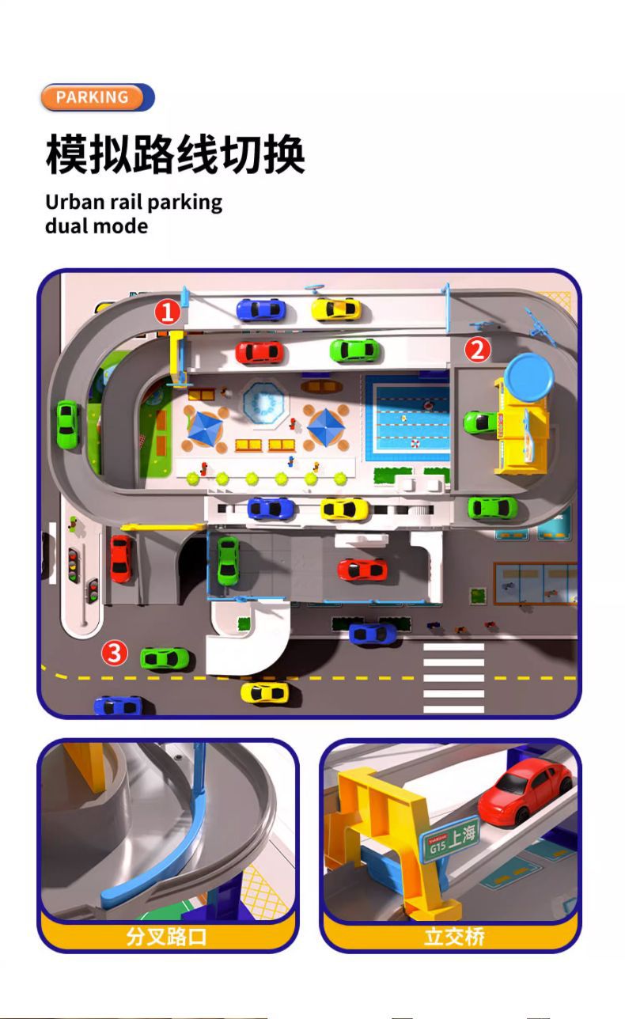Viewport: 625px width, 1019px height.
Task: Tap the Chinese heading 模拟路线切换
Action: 175,154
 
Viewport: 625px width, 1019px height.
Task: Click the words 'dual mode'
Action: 96,226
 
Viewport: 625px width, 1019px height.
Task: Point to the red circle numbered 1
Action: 167,313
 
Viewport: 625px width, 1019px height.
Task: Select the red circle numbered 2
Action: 477,350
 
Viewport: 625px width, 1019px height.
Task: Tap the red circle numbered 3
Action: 116,653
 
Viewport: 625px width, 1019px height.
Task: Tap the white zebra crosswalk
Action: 453,677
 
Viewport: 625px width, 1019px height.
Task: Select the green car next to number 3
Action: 165,657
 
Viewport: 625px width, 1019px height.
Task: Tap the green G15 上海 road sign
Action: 451,838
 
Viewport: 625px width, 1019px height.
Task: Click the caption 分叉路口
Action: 167,937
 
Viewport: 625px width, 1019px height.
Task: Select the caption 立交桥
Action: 454,937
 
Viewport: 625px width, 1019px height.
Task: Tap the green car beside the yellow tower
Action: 480,422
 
